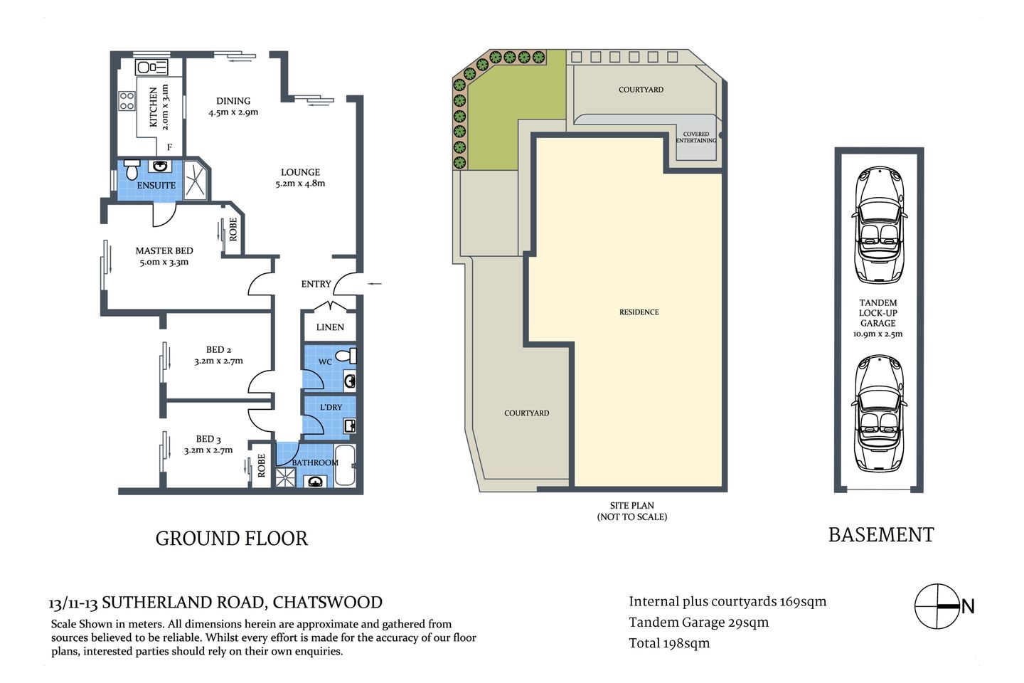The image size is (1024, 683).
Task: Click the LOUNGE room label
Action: (x=300, y=172)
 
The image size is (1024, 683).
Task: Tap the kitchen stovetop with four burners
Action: (x=127, y=101)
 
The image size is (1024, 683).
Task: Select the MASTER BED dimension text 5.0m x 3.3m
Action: (x=164, y=262)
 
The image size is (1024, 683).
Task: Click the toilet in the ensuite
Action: (x=132, y=171)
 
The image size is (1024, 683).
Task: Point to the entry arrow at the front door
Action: (x=374, y=284)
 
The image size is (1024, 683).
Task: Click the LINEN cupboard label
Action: (x=330, y=327)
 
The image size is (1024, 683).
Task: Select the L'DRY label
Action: (x=331, y=407)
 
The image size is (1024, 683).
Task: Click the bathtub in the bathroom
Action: (x=344, y=464)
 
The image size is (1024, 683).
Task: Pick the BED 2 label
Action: (x=218, y=349)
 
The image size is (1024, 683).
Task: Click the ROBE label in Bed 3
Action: (x=261, y=465)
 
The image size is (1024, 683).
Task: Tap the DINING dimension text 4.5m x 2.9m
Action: (x=233, y=112)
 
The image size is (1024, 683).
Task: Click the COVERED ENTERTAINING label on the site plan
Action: (x=696, y=137)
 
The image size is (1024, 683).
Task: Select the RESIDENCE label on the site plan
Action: (x=639, y=312)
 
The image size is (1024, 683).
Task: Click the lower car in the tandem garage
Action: (x=879, y=413)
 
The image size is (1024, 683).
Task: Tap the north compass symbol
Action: (x=938, y=607)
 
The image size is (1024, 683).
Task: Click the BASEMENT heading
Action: (x=880, y=535)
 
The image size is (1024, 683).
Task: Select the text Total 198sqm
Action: (x=669, y=643)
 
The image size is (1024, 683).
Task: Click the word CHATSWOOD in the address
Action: (x=327, y=603)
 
